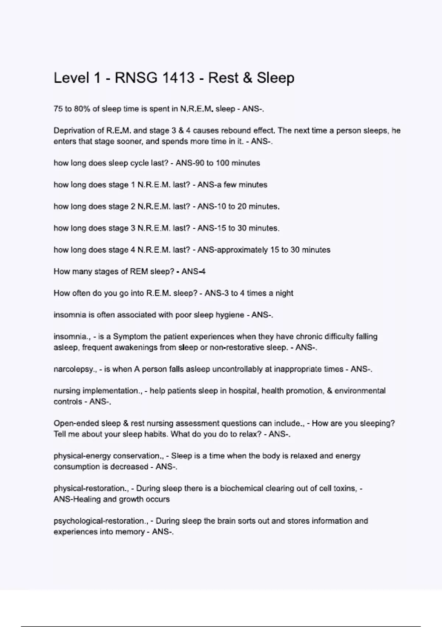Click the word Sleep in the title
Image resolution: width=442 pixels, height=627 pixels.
click(x=275, y=78)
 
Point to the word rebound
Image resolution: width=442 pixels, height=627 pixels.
click(x=236, y=131)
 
